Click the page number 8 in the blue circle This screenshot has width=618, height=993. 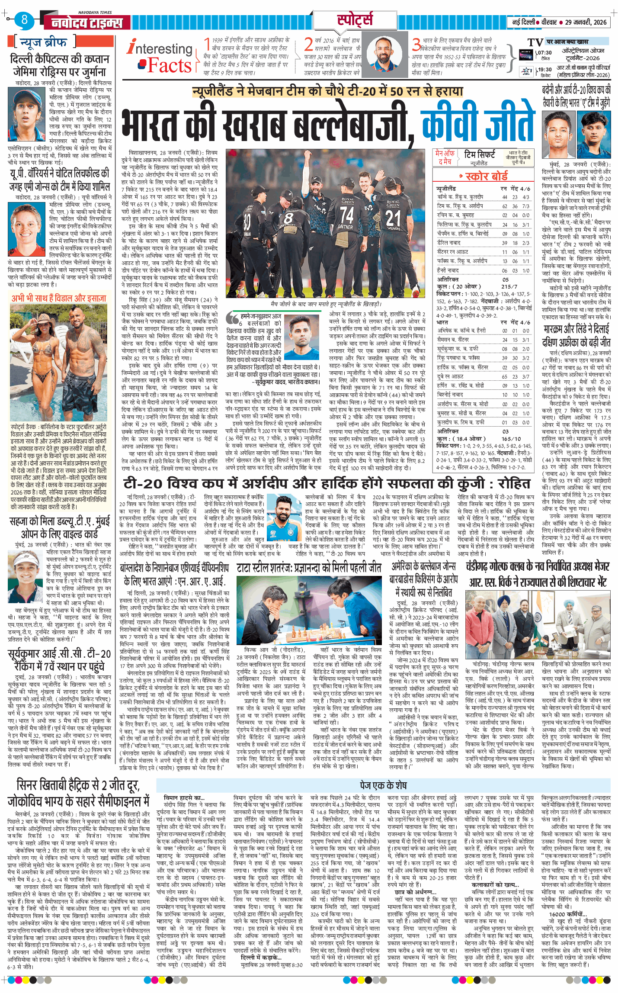(24, 19)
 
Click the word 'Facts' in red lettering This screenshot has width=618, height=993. (169, 66)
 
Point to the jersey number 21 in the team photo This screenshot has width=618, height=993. (393, 218)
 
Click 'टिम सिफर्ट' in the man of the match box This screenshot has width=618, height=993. (479, 154)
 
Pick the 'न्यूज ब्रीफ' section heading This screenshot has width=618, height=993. (43, 42)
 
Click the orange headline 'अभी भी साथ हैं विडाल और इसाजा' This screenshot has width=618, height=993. (58, 298)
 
